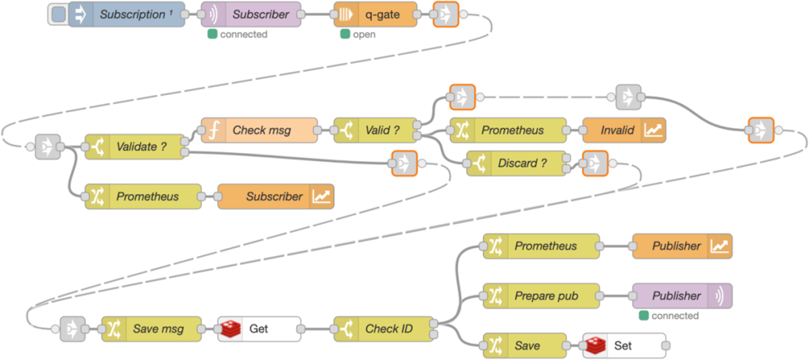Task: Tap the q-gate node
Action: [375, 14]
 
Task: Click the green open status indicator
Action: [344, 34]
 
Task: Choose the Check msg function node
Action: [259, 130]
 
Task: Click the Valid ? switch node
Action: [375, 130]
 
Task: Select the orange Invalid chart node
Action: [623, 130]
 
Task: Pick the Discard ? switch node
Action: [515, 163]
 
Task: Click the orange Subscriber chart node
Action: [275, 197]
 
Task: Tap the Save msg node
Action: [152, 328]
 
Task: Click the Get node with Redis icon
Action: [259, 328]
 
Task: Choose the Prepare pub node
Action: [542, 295]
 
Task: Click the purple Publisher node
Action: [682, 295]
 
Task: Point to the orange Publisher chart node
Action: [682, 246]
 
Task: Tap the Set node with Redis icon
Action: [623, 345]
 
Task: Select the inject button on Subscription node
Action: [59, 14]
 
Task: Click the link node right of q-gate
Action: [445, 14]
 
